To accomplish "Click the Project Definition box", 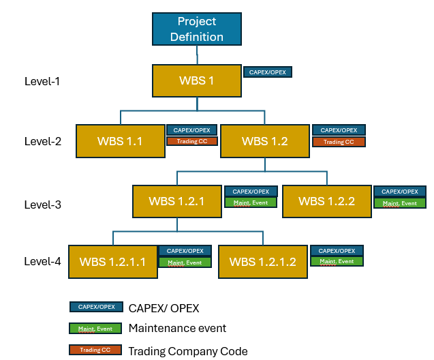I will [x=196, y=30].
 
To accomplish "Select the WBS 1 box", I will [x=197, y=80].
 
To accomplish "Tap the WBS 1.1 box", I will [x=120, y=142].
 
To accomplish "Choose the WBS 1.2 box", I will [x=264, y=142].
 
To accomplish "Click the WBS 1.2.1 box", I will [x=177, y=201].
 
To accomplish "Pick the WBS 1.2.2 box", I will [x=326, y=201].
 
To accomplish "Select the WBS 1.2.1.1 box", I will [x=112, y=262].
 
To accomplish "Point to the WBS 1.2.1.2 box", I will [x=262, y=262].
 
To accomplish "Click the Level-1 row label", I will [x=42, y=81].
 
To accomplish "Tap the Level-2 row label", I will [x=42, y=142].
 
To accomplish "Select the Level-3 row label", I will [x=42, y=204].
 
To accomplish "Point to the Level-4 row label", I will [x=42, y=261].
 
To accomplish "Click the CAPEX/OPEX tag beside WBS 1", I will [x=268, y=72].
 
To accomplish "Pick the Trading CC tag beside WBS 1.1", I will [x=191, y=141].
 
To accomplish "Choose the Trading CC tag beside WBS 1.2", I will [x=339, y=142].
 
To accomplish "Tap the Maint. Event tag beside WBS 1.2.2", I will [x=399, y=202].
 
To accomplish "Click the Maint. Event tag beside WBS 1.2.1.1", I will [x=185, y=262].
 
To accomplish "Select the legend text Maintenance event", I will [x=177, y=329].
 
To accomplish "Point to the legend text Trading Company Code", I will [x=188, y=351].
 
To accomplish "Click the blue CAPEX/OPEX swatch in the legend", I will [x=95, y=307].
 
